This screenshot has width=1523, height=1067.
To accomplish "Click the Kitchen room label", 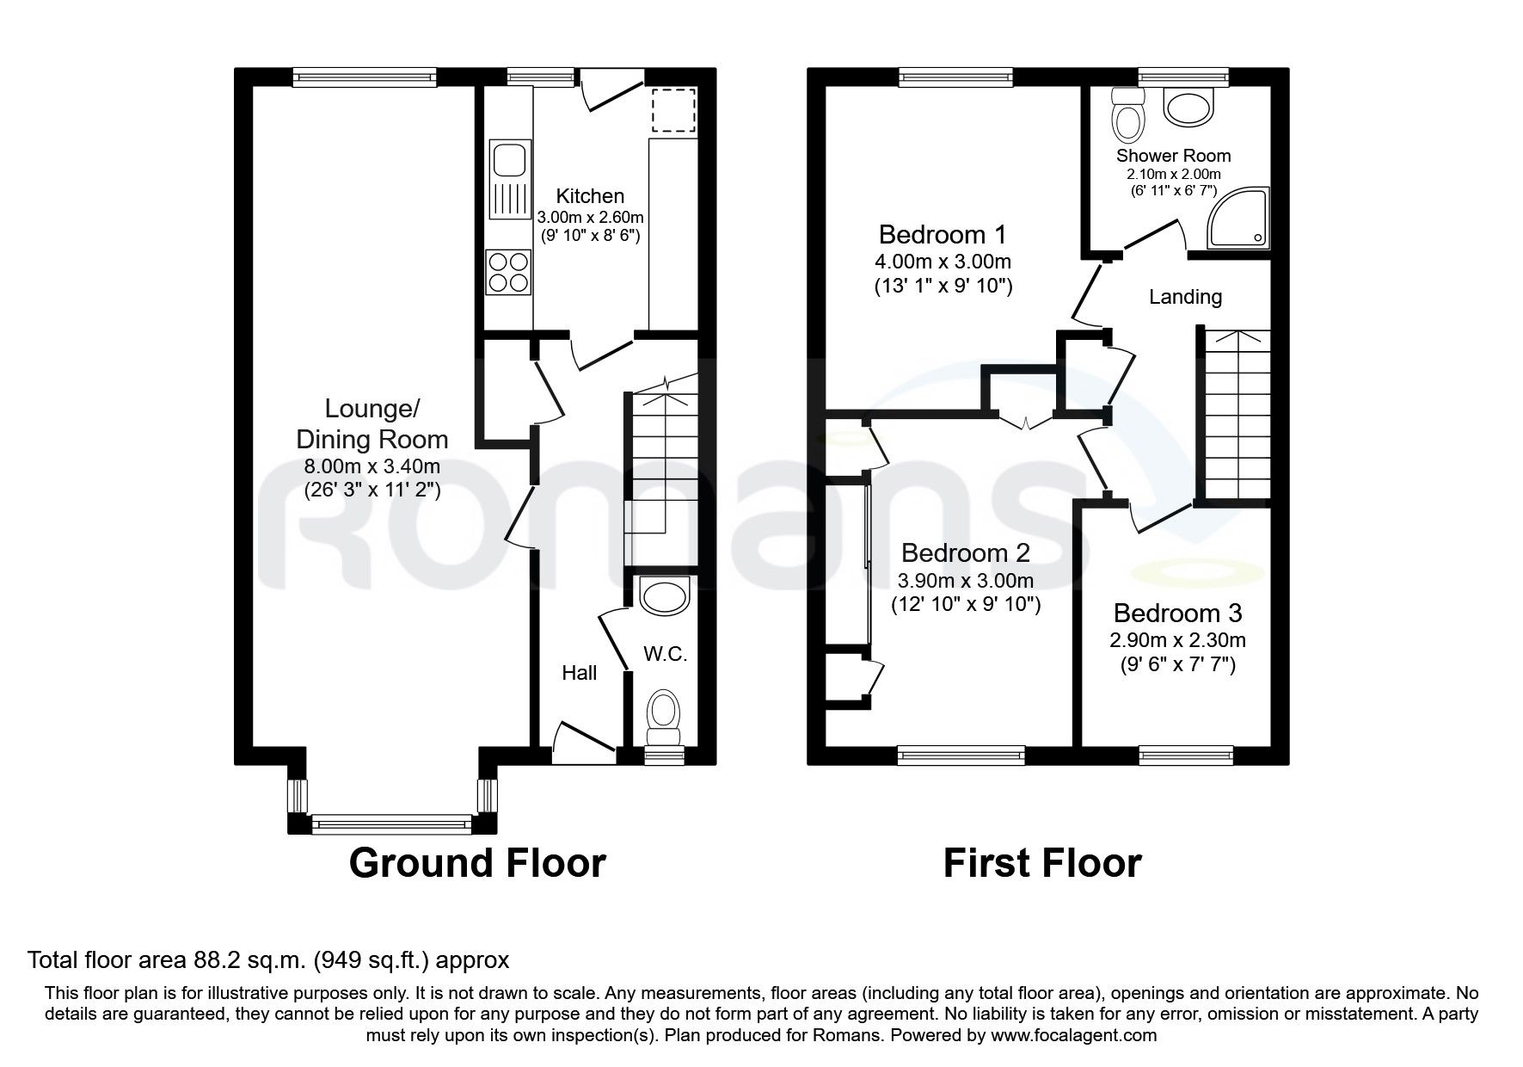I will click(x=589, y=195).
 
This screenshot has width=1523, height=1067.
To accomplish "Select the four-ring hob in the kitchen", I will click(x=507, y=271).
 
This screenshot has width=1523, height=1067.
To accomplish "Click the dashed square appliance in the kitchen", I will click(x=672, y=110).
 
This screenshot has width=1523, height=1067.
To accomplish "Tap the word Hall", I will click(x=579, y=673).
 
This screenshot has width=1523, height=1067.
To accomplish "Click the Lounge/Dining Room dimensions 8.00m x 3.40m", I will click(x=372, y=467).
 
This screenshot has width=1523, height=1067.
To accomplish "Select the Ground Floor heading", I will click(x=477, y=862).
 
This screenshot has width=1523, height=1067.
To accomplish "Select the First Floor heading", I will click(x=1042, y=862).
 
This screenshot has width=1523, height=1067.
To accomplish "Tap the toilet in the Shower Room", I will click(x=1127, y=116).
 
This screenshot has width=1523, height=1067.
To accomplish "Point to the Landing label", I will click(x=1185, y=297).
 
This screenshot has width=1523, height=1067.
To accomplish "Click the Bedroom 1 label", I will click(x=943, y=234).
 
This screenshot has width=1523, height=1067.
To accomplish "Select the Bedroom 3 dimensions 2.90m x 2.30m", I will click(x=1177, y=640).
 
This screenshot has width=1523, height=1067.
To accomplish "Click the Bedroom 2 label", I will click(x=965, y=552).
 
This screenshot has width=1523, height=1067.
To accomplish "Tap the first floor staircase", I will click(x=1236, y=417).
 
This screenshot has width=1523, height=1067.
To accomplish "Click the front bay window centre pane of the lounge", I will click(x=391, y=825).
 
